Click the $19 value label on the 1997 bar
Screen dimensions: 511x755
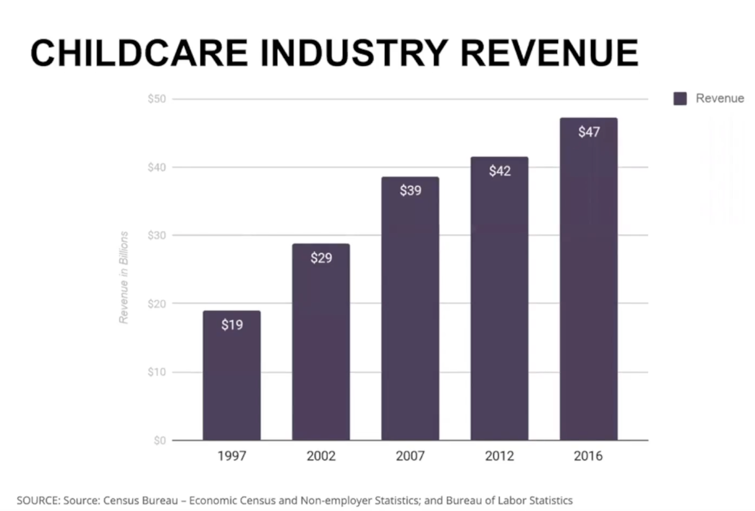pos(232,325)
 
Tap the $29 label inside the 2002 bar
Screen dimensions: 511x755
pos(321,258)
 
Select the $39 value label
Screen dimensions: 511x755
pos(410,191)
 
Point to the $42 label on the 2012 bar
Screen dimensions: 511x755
pos(499,171)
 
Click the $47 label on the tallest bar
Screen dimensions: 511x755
pos(588,132)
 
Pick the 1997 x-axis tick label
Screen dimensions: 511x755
pos(232,456)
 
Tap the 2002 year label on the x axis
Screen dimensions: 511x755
pos(321,456)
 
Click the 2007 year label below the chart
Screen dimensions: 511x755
pos(410,456)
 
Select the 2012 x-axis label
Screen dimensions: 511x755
pos(499,456)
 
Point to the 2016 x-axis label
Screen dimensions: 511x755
pos(588,456)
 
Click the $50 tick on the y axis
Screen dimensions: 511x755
pos(157,99)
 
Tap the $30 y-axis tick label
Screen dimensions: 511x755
pos(157,235)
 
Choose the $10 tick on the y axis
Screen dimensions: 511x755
pos(157,372)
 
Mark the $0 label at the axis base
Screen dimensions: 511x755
pos(159,440)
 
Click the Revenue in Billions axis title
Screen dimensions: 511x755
pos(123,277)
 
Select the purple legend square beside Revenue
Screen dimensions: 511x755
pos(680,98)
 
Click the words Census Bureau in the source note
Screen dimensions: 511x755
pos(140,501)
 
